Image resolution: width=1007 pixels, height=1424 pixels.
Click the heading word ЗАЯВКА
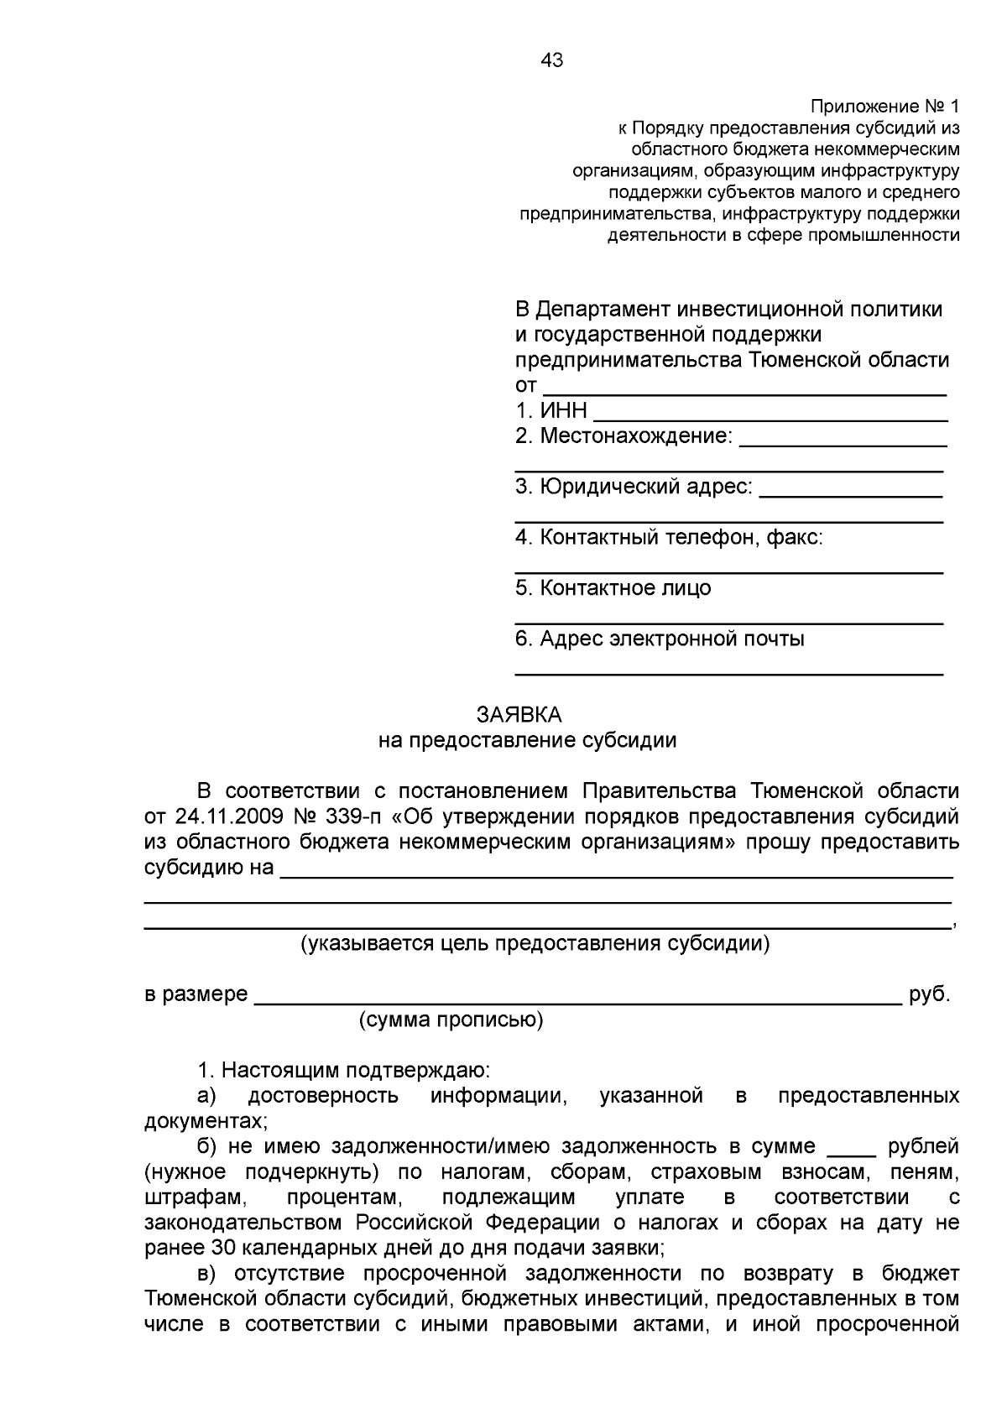point(519,715)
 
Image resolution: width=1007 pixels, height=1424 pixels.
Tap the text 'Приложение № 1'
point(884,107)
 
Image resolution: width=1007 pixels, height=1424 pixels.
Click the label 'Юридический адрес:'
point(634,487)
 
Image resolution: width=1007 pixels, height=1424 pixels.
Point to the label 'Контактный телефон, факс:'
point(669,537)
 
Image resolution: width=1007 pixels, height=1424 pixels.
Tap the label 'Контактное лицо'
point(613,588)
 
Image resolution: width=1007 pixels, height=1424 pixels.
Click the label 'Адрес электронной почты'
point(660,639)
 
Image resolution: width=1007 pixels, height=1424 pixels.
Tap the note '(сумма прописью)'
point(451,1020)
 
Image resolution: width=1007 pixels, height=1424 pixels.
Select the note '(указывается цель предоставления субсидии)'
point(535,944)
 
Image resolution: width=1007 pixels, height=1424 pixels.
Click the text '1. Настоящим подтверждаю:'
point(344,1071)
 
